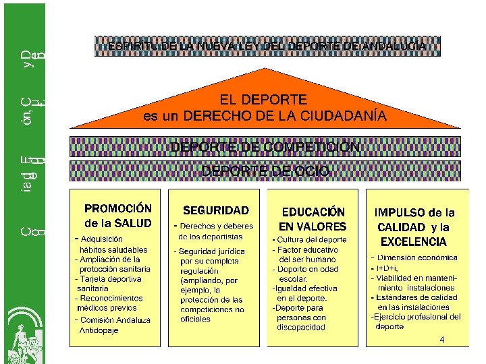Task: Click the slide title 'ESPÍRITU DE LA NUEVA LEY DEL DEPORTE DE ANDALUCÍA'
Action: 267,47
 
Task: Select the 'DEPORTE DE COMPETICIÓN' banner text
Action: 265,147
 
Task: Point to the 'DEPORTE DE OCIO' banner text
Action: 265,171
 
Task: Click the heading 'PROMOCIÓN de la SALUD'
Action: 117,216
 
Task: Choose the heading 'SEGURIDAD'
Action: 216,211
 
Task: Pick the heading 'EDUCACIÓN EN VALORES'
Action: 313,219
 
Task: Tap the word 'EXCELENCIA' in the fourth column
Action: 414,241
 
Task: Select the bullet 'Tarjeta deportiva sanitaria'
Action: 109,283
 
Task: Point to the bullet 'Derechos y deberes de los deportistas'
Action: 215,231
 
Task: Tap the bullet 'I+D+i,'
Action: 388,268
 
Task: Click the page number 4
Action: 441,340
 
